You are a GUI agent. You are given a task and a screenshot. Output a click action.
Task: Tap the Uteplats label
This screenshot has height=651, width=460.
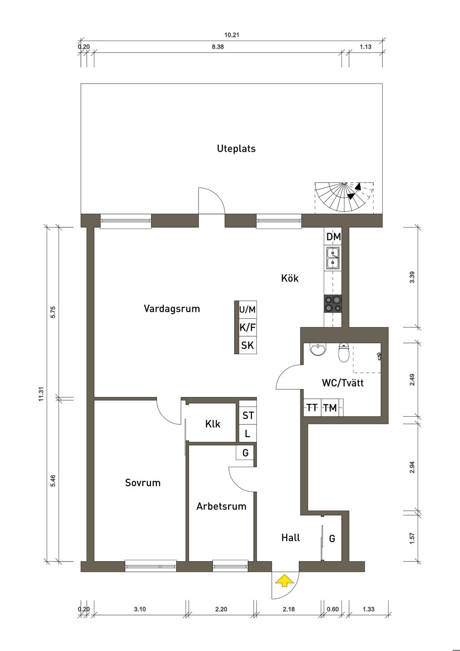tap(236, 148)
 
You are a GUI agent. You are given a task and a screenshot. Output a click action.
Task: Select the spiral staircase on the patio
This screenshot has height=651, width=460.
tap(344, 197)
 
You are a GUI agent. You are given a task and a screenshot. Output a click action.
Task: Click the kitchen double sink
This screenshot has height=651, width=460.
tap(333, 258)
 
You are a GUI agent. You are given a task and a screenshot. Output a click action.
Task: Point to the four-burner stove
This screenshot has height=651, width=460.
tap(333, 304)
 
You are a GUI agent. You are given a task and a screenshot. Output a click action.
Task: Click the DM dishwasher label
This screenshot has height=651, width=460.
tap(333, 237)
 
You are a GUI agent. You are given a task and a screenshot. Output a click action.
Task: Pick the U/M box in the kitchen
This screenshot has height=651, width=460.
tap(248, 309)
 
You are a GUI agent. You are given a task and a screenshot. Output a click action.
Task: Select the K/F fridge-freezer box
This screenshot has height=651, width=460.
tap(248, 328)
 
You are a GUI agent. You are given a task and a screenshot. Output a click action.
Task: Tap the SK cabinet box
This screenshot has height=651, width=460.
tap(248, 345)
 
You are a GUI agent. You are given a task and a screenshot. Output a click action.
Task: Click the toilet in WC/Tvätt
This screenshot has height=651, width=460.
tap(344, 352)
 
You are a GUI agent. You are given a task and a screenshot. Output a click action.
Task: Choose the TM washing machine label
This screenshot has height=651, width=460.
tap(330, 408)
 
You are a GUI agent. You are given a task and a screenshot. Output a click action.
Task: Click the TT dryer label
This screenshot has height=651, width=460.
tap(312, 408)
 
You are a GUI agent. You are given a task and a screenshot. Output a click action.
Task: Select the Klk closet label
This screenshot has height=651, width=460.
tap(212, 424)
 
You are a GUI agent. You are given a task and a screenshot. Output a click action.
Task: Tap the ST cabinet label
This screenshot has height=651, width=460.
tap(248, 415)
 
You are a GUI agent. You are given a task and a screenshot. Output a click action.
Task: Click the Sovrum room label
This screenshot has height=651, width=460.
tap(142, 482)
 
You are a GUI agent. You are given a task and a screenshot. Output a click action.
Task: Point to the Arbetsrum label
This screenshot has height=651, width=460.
tap(221, 506)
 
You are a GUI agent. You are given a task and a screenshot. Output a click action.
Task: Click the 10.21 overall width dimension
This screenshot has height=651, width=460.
tap(231, 35)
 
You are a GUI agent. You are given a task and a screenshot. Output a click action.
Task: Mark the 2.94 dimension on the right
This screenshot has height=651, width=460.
tap(412, 467)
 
